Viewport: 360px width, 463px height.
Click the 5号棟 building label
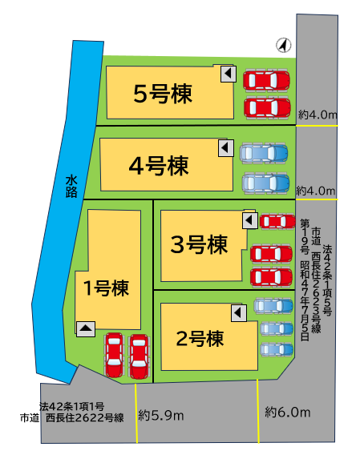pyautogui.click(x=162, y=95)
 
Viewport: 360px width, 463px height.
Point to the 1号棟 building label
pyautogui.click(x=106, y=286)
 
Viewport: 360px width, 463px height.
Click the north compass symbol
pyautogui.click(x=283, y=46)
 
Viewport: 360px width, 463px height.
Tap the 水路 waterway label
pyautogui.click(x=71, y=187)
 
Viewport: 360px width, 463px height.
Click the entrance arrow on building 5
pyautogui.click(x=229, y=75)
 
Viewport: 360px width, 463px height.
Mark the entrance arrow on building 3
pyautogui.click(x=249, y=219)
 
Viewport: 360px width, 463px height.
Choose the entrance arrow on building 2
pyautogui.click(x=237, y=312)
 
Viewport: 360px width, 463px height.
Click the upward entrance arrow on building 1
pyautogui.click(x=86, y=327)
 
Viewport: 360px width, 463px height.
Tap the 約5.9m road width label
pyautogui.click(x=161, y=415)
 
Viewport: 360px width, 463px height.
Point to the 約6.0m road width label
pyautogui.click(x=286, y=412)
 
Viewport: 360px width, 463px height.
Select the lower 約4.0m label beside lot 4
pyautogui.click(x=314, y=190)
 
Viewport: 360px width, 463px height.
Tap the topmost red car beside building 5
pyautogui.click(x=267, y=80)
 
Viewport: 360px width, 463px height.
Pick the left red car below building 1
pyautogui.click(x=113, y=352)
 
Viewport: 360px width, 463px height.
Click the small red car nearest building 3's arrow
pyautogui.click(x=277, y=221)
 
